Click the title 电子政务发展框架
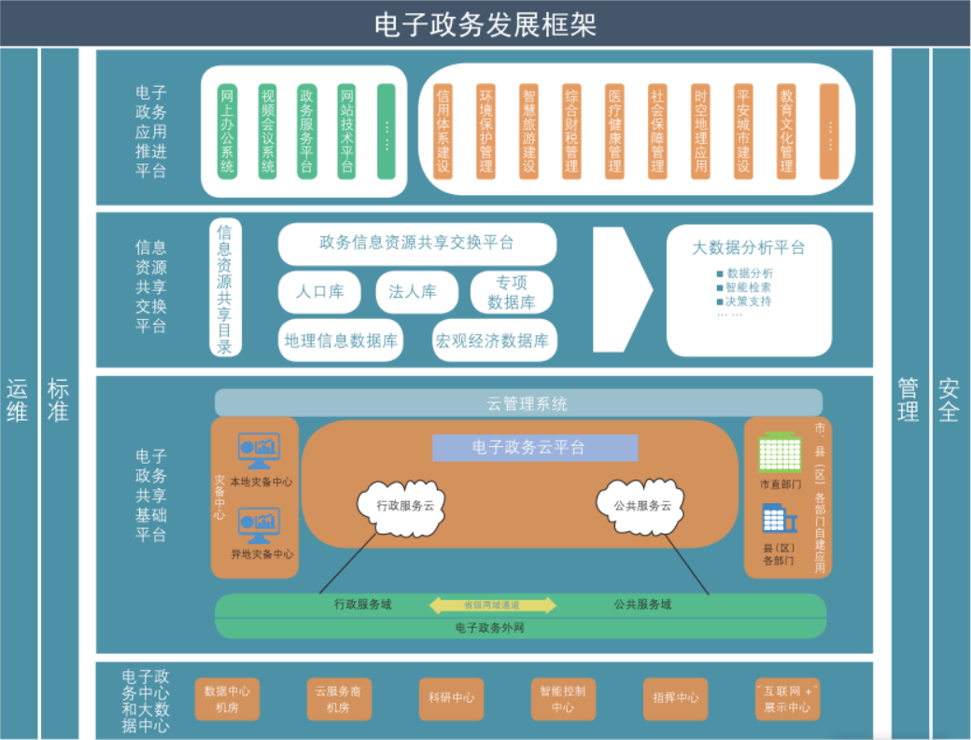click(485, 24)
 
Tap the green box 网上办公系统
click(227, 131)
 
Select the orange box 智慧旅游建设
click(529, 131)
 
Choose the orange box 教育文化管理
click(786, 131)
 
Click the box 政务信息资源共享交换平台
click(416, 244)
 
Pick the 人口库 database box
click(320, 292)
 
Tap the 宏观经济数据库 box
click(494, 341)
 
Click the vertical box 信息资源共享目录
click(225, 288)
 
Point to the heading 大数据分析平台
click(748, 248)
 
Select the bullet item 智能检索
click(748, 287)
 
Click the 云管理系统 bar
click(518, 403)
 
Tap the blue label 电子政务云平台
click(535, 448)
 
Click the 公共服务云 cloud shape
click(641, 506)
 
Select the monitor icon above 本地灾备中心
click(259, 451)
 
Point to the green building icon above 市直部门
click(780, 453)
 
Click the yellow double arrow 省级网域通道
click(492, 605)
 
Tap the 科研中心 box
click(451, 698)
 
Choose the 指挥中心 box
click(675, 698)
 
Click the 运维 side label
click(18, 399)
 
